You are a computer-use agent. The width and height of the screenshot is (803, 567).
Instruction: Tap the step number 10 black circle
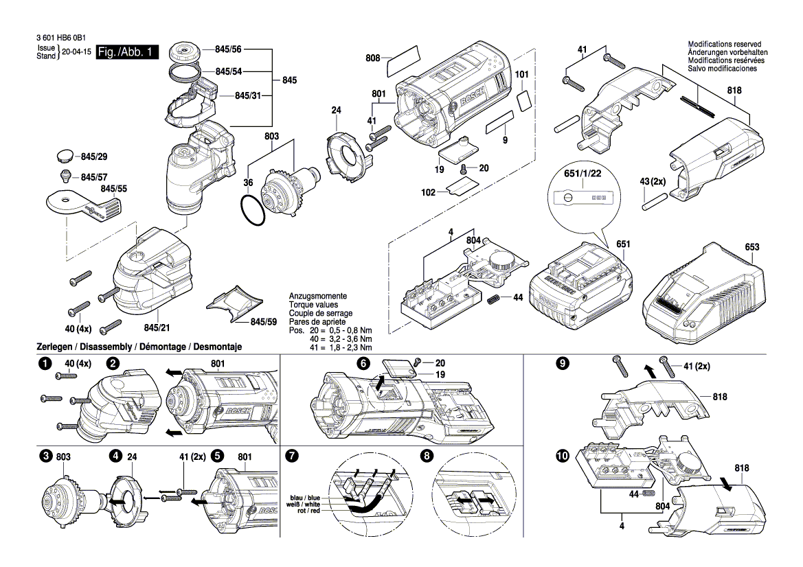point(563,456)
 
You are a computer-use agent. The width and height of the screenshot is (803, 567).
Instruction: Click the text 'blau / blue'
point(304,498)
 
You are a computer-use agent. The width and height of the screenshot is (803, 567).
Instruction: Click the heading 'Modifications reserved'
point(727,44)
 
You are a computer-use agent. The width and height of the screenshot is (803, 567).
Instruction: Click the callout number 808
point(373,58)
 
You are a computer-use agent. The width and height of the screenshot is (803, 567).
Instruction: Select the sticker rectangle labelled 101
point(523,100)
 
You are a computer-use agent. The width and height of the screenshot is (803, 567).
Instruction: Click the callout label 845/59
point(263,321)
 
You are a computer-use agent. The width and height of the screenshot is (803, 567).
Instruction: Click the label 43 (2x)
point(653,181)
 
